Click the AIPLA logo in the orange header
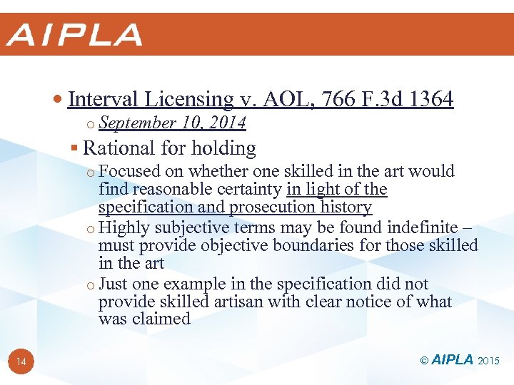click(x=74, y=34)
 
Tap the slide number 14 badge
click(x=21, y=362)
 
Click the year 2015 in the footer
click(x=490, y=361)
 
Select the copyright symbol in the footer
click(x=424, y=361)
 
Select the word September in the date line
click(x=138, y=123)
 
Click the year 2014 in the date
click(x=227, y=123)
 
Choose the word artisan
click(x=236, y=302)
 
